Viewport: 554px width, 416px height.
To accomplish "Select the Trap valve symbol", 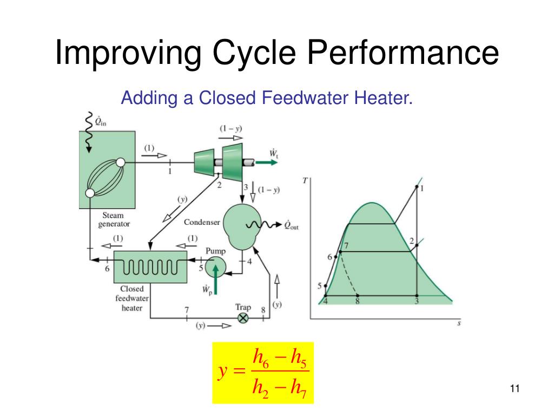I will pos(243,318).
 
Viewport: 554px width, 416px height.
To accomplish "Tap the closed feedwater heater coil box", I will pos(150,266).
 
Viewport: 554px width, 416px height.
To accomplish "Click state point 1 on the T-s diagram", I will pos(417,187).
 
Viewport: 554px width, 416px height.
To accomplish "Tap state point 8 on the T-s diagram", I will pos(358,295).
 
